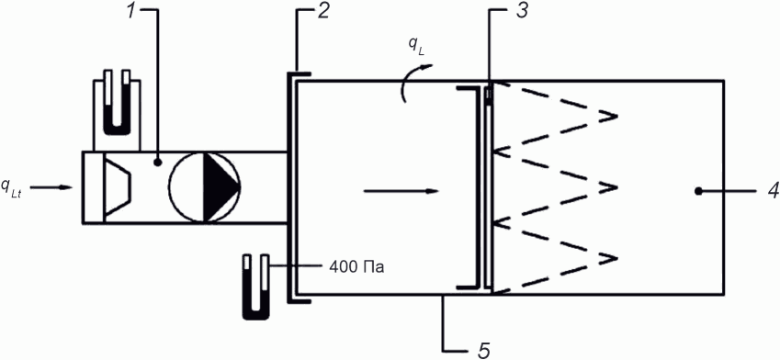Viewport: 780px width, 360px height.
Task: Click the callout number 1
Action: click(x=130, y=11)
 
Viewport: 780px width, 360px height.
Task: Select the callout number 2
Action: click(x=322, y=11)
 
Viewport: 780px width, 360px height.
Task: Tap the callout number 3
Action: click(x=521, y=11)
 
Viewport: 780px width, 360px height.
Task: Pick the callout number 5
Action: click(x=484, y=350)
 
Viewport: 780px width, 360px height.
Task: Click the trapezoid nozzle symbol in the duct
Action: click(x=118, y=187)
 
